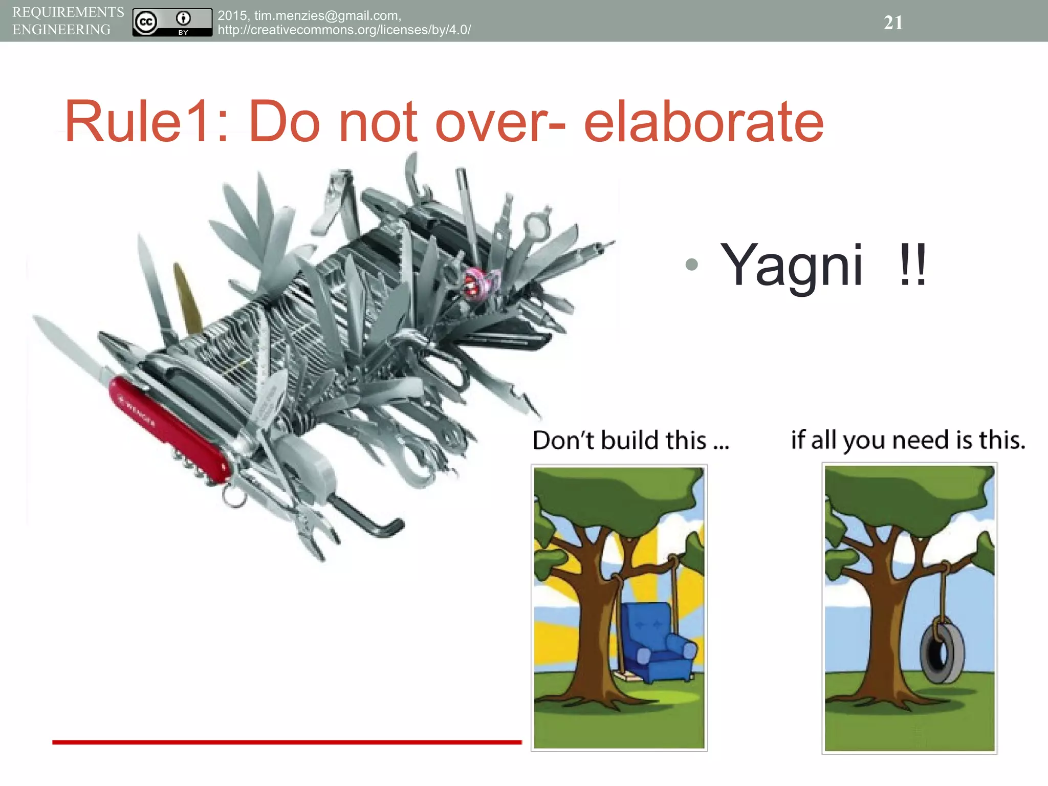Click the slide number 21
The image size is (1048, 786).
893,23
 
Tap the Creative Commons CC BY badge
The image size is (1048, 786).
172,22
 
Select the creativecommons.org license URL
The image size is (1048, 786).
344,30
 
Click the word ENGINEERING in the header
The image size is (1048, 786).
61,30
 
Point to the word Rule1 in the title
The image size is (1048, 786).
136,122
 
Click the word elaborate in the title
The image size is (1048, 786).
703,122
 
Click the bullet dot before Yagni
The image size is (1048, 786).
691,264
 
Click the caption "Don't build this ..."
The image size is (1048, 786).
630,440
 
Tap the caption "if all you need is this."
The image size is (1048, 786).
908,440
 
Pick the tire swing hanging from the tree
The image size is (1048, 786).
942,652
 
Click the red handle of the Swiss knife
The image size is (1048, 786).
169,430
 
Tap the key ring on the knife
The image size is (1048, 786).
234,496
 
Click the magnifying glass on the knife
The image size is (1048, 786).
535,225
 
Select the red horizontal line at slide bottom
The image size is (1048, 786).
287,742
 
